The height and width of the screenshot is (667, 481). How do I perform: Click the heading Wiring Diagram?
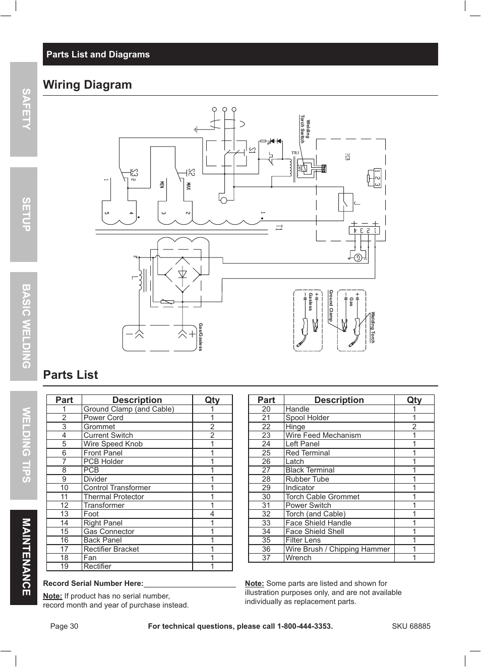[x=87, y=85]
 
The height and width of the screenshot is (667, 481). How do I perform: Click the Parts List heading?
[x=71, y=375]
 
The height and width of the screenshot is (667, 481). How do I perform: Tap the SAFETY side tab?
[x=24, y=109]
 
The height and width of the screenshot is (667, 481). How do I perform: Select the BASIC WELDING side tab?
[x=24, y=326]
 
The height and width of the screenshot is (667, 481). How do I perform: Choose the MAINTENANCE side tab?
[x=24, y=557]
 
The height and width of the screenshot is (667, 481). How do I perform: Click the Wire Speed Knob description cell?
[x=113, y=444]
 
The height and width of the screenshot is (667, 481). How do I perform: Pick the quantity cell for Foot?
[x=212, y=514]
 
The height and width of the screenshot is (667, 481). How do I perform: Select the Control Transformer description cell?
[x=117, y=488]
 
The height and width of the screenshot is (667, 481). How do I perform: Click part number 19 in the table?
[x=64, y=566]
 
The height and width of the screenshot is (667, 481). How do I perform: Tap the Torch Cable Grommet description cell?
[x=322, y=496]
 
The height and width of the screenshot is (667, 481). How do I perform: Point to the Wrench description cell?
[x=298, y=558]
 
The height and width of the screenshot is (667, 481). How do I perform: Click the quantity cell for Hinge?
[x=414, y=426]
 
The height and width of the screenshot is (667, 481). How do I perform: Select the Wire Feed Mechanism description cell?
[x=323, y=435]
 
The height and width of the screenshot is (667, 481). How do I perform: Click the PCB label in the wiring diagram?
[x=347, y=157]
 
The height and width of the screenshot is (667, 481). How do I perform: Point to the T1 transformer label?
[x=279, y=228]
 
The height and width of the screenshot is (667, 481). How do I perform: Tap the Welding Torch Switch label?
[x=305, y=129]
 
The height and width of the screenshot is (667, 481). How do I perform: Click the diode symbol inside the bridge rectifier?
[x=183, y=275]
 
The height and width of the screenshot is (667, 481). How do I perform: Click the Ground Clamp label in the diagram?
[x=331, y=306]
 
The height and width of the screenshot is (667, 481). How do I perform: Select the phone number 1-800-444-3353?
[x=305, y=626]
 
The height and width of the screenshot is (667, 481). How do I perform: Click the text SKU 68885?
[x=411, y=626]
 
